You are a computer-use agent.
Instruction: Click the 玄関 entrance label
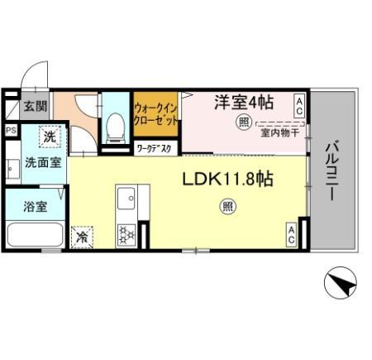34,106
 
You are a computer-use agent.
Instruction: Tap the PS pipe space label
11,130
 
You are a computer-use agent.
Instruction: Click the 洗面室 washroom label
42,163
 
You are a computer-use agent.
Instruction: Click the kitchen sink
127,199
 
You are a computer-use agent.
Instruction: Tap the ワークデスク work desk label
155,150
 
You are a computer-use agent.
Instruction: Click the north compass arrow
341,286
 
